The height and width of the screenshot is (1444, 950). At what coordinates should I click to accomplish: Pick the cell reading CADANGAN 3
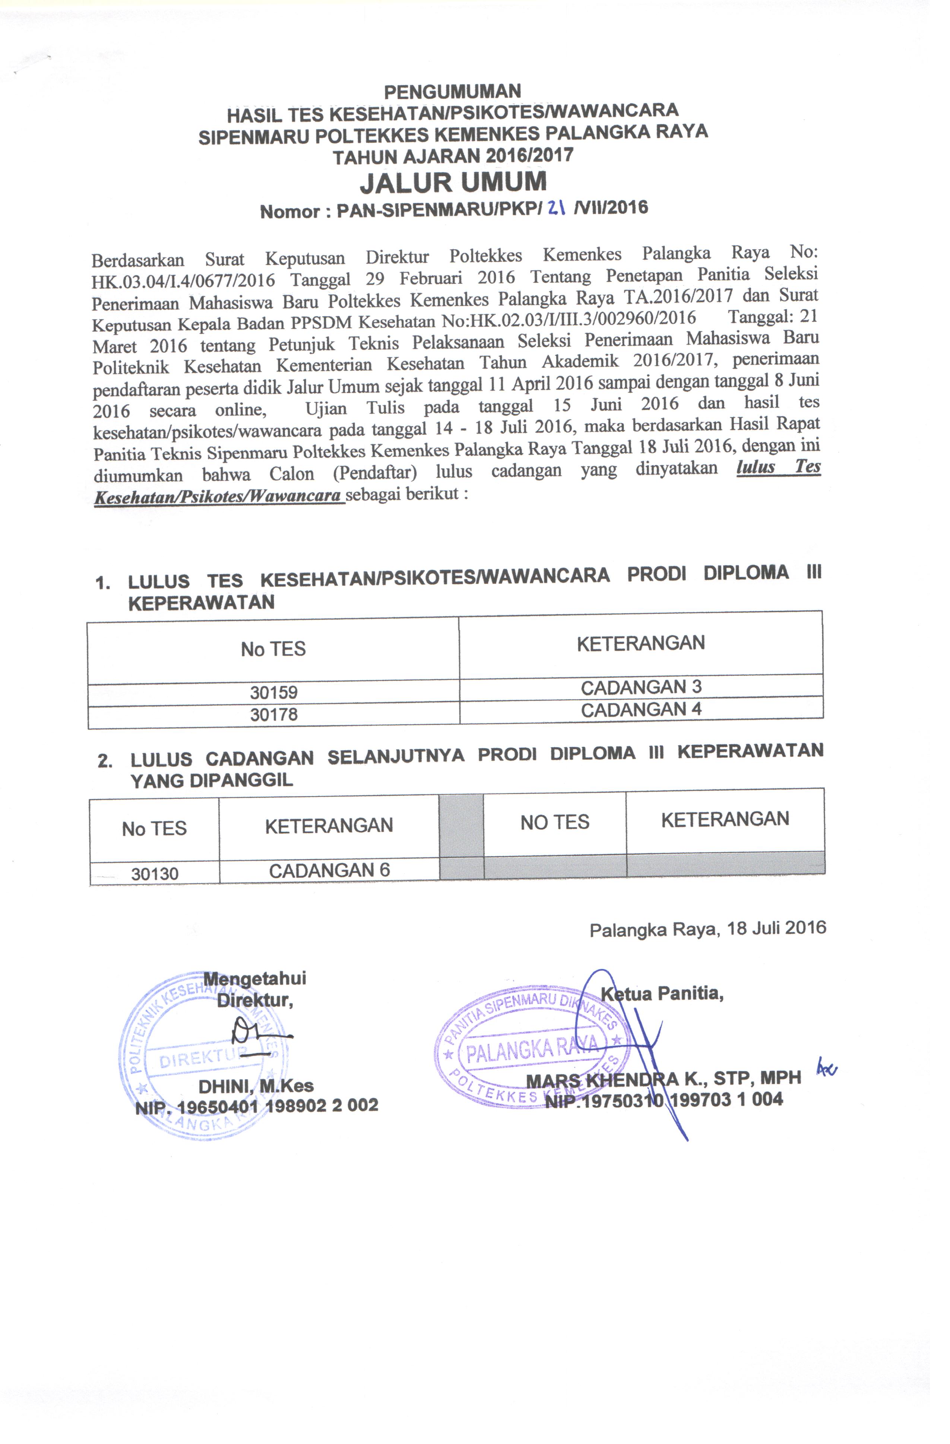[x=641, y=687]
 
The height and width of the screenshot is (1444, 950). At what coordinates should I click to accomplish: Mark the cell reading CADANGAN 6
[x=329, y=871]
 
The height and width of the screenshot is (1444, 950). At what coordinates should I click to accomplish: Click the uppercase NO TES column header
[x=554, y=822]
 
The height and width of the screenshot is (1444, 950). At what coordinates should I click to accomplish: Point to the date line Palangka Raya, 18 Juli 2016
[x=707, y=928]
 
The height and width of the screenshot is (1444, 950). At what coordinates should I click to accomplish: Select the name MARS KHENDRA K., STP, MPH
[x=663, y=1079]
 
